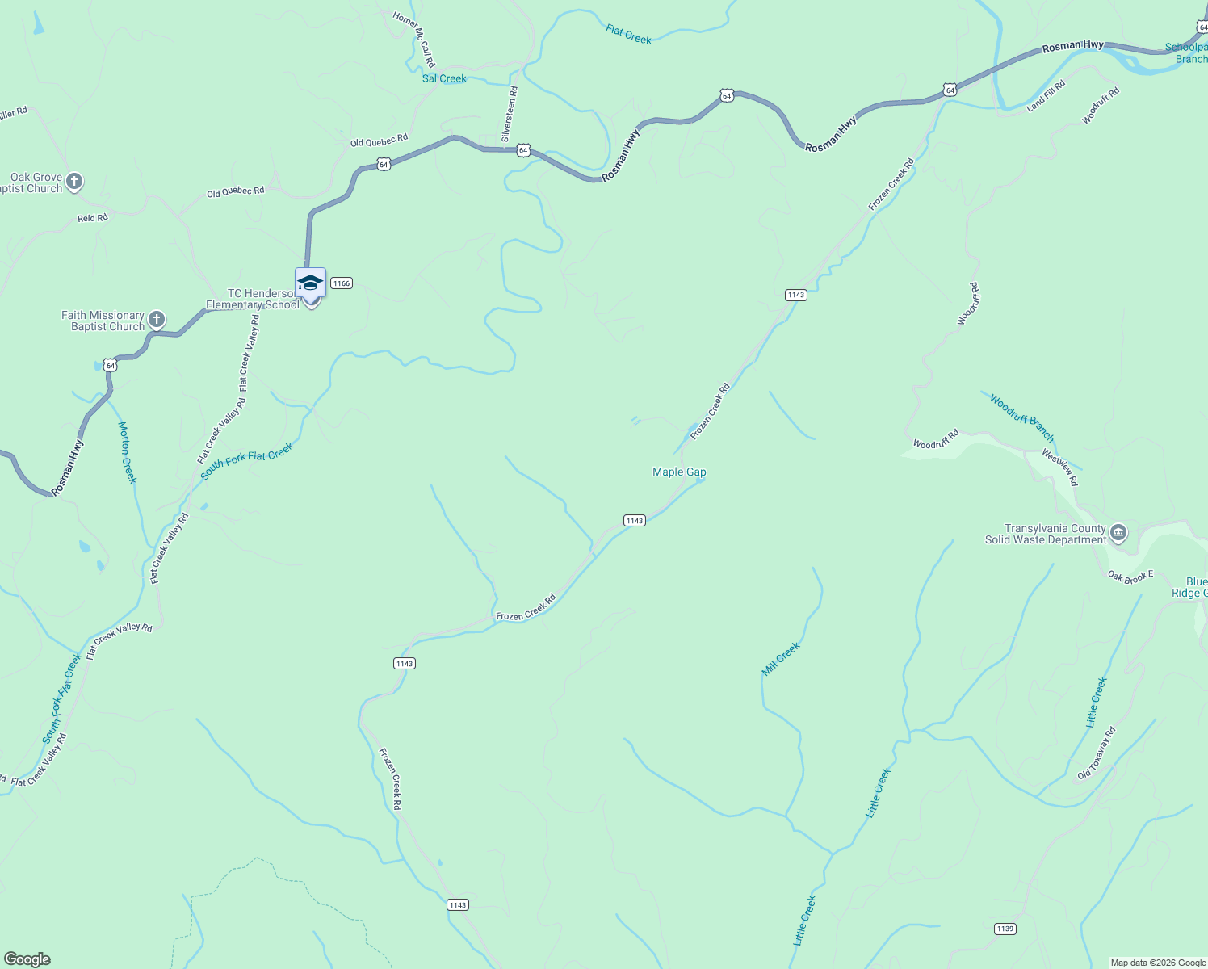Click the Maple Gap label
point(679,472)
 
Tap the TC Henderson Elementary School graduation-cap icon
point(310,283)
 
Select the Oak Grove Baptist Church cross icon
point(74,182)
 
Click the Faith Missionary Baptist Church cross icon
point(157,320)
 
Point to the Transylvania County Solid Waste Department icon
point(1118,532)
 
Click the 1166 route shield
point(342,283)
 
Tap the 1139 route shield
point(1005,929)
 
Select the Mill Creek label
point(781,659)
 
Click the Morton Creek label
point(128,452)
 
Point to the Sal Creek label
point(444,78)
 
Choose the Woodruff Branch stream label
point(1021,417)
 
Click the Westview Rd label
point(1059,468)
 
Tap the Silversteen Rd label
point(510,115)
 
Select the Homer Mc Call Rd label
point(415,39)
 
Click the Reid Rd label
point(93,218)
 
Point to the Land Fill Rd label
point(1047,96)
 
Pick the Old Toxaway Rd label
point(1097,753)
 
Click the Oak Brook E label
point(1130,577)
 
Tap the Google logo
point(27,959)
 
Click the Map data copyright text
point(1158,963)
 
